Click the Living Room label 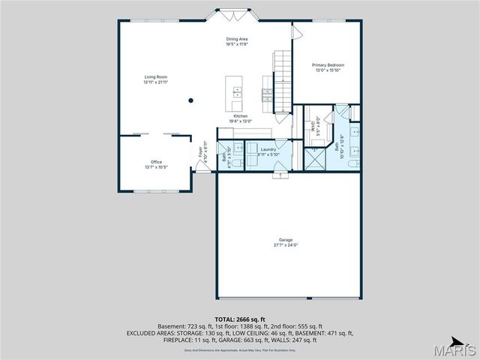[156, 76]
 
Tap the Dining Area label [237, 39]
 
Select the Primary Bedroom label [328, 65]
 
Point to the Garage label [286, 240]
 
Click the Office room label [156, 162]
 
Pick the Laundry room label [268, 150]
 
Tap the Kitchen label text [240, 116]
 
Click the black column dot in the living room [190, 100]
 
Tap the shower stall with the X [313, 159]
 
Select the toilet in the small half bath [233, 163]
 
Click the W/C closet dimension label [318, 119]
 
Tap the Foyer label [200, 151]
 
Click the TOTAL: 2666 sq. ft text [240, 319]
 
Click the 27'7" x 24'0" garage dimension [286, 245]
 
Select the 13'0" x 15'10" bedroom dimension [328, 70]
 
